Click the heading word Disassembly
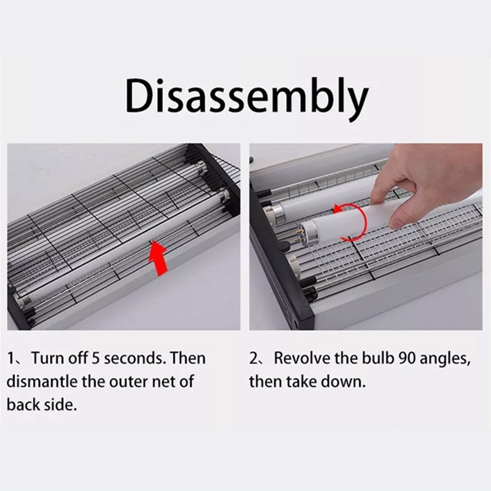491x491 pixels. pyautogui.click(x=247, y=98)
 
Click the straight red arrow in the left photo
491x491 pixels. pyautogui.click(x=158, y=258)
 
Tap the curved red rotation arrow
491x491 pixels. pyautogui.click(x=350, y=222)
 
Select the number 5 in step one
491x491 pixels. pyautogui.click(x=95, y=358)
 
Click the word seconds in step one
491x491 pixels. pyautogui.click(x=134, y=358)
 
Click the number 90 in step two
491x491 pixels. pyautogui.click(x=408, y=358)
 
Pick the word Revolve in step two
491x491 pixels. pyautogui.click(x=301, y=358)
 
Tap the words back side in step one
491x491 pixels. pyautogui.click(x=42, y=404)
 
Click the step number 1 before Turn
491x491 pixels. pyautogui.click(x=10, y=358)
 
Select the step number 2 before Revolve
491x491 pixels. pyautogui.click(x=253, y=358)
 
